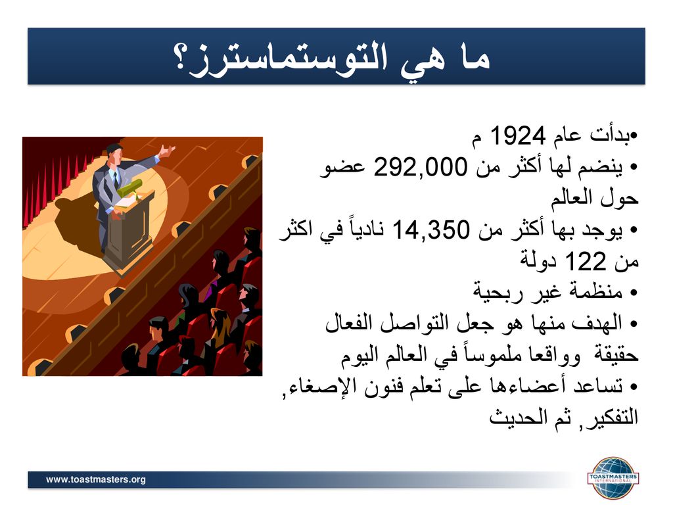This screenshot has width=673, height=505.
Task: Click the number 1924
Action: tap(518, 135)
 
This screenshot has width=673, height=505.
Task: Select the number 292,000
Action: tap(420, 167)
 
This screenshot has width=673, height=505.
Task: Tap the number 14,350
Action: tap(431, 229)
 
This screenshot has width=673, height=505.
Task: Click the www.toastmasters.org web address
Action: tap(96, 479)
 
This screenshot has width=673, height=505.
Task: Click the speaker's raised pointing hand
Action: tap(166, 151)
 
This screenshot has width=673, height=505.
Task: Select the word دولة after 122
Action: tap(538, 261)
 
